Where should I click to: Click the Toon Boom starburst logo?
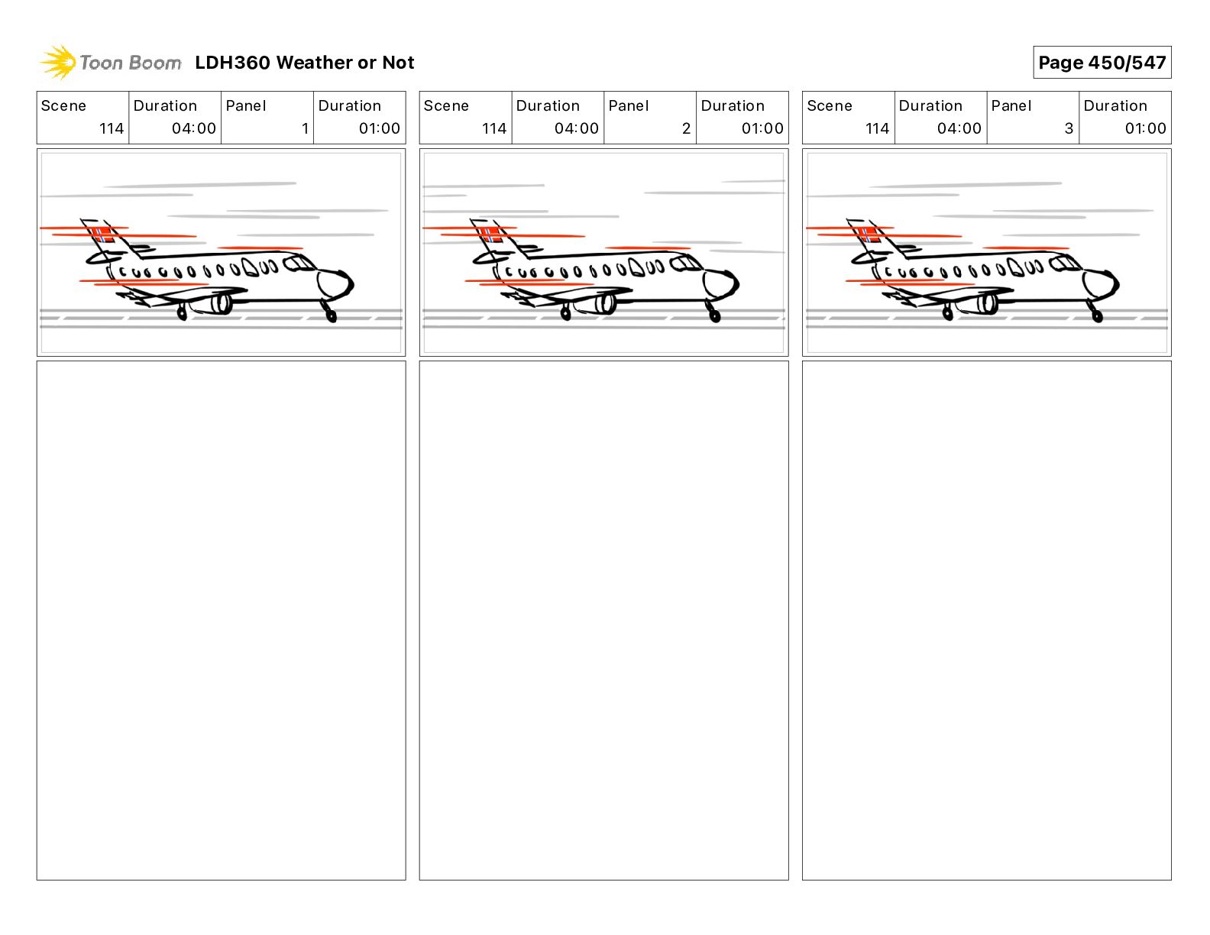coord(58,62)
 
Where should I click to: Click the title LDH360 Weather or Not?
coord(305,63)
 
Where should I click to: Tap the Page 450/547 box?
coord(1102,63)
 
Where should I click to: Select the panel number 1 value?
coord(305,128)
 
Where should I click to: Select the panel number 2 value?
coord(687,128)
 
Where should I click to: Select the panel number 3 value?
coord(1069,128)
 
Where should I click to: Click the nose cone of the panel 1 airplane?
coord(335,283)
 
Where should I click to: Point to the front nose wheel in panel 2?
coord(714,315)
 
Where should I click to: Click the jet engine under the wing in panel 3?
coord(985,304)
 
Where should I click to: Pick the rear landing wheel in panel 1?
coord(182,313)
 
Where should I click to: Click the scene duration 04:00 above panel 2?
coord(576,128)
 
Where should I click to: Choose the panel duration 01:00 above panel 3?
coord(1145,128)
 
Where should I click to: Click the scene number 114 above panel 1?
coord(112,128)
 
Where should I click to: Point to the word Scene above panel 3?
coord(829,106)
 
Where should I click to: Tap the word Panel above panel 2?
coord(629,106)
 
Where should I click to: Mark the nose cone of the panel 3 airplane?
coord(1101,283)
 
